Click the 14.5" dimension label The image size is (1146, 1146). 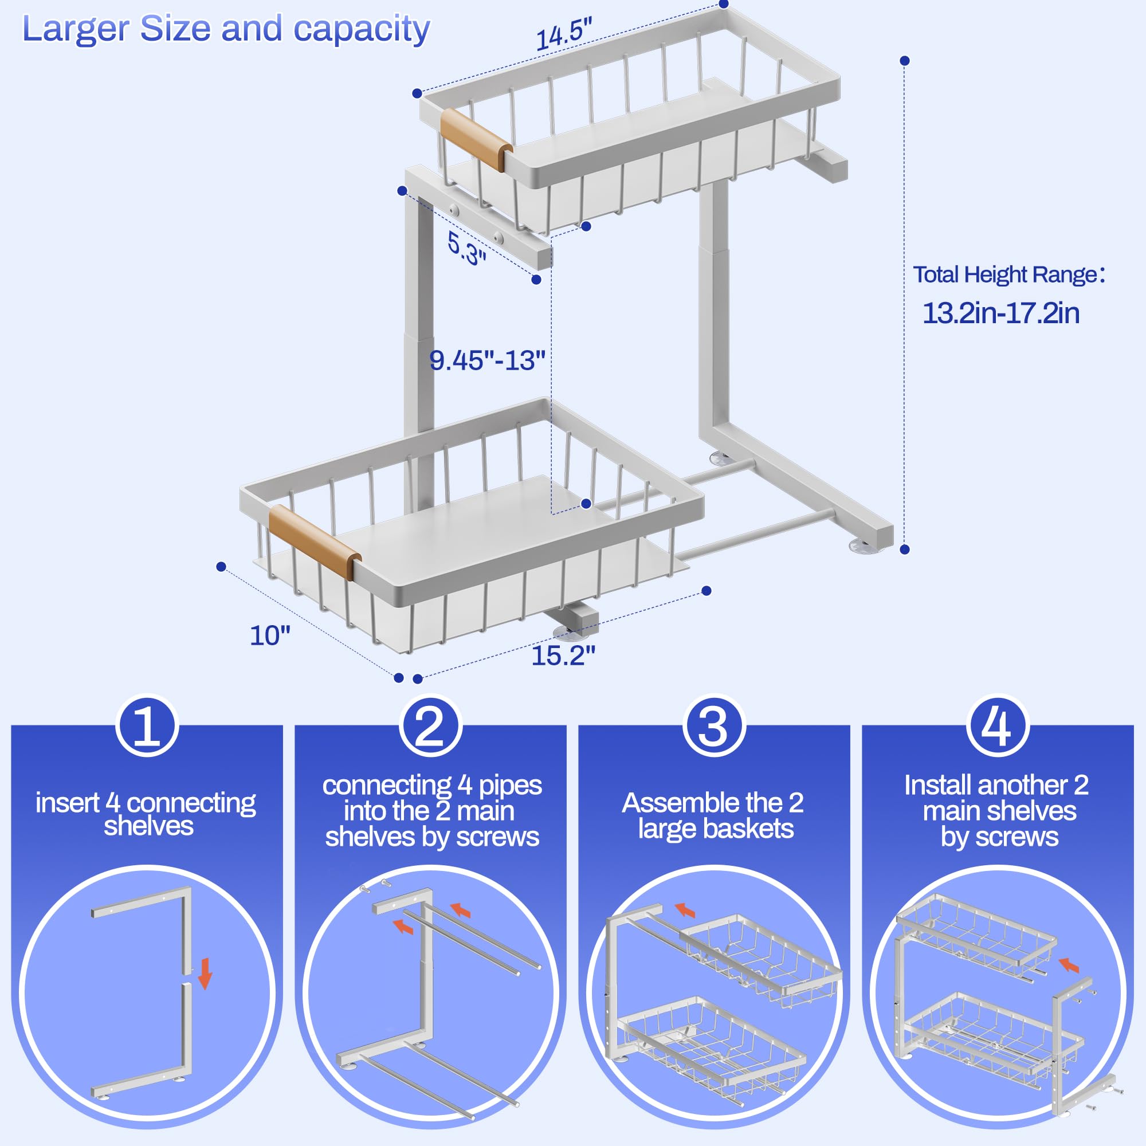(563, 34)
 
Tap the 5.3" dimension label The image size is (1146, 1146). (467, 248)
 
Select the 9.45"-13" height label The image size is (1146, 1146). (486, 360)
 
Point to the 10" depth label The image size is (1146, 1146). (270, 636)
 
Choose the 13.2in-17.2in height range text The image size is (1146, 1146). (1000, 313)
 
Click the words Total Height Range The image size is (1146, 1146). (1006, 274)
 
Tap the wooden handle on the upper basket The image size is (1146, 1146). (476, 140)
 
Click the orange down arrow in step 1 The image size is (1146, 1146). (205, 974)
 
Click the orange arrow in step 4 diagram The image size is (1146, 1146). (1069, 966)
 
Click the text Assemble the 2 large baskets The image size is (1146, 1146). (714, 815)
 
